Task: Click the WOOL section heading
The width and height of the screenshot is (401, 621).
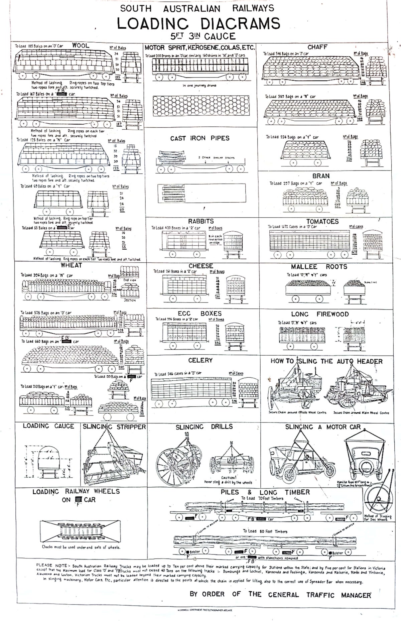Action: pos(81,45)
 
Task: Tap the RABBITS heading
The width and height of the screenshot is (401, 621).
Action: pos(201,221)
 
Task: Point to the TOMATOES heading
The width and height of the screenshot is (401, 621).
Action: pos(322,222)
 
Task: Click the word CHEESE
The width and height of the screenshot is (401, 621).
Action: pos(200,266)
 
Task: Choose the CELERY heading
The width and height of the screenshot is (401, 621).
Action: pos(200,360)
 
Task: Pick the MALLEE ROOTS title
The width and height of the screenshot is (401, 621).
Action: pos(319,267)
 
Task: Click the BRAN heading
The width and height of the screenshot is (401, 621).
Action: pos(321,176)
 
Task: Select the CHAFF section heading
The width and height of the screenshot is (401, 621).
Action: pos(317,47)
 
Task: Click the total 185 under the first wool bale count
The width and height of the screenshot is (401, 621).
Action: pos(117,78)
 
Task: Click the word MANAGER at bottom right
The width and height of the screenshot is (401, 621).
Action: pos(356,595)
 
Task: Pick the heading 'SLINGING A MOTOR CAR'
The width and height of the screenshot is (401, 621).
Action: pos(323,427)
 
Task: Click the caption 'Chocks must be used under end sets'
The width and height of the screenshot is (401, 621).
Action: pos(81,547)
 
